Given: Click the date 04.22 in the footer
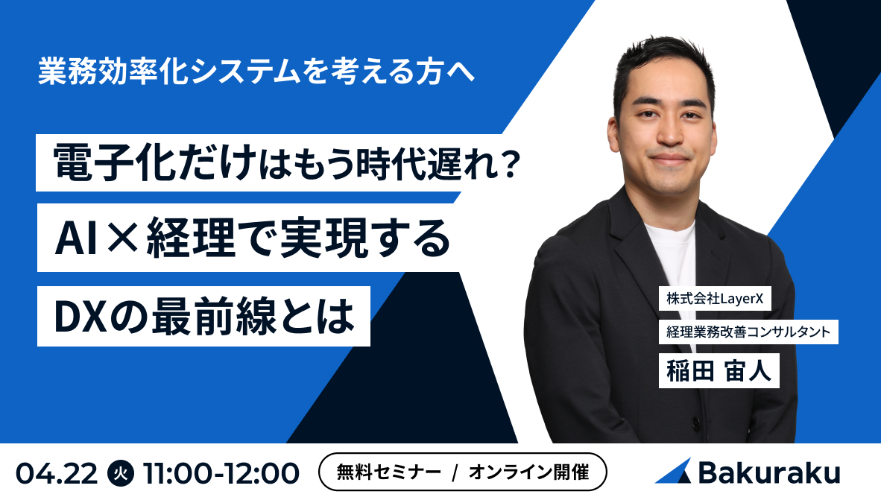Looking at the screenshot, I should click(x=57, y=473).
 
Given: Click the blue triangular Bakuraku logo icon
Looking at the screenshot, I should click(x=673, y=472).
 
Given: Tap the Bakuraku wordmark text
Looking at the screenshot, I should click(x=768, y=472).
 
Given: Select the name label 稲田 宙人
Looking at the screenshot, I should click(x=719, y=370).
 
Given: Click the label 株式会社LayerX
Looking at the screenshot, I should click(x=714, y=299).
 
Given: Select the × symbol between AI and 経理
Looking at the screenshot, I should click(x=120, y=238).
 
